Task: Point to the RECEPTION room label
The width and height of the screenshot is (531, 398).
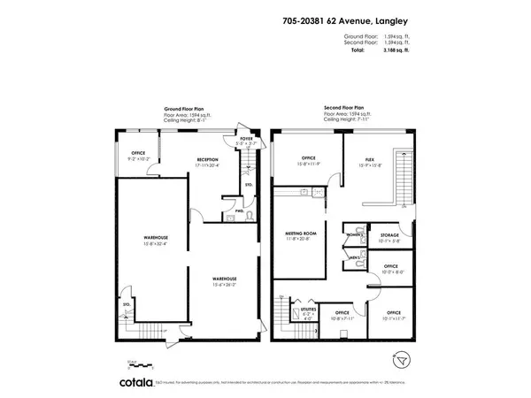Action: click(x=208, y=161)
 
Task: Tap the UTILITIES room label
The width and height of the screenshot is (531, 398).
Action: click(x=307, y=311)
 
